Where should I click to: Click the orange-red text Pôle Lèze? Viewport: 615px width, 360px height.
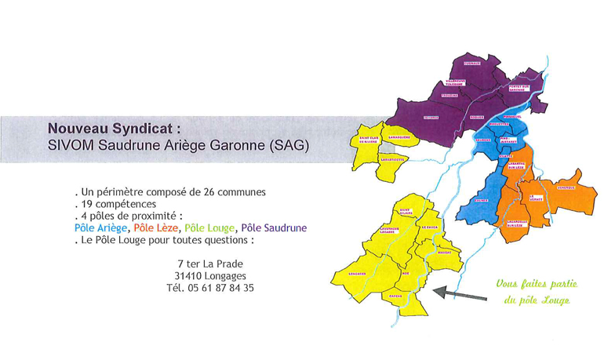click(x=156, y=227)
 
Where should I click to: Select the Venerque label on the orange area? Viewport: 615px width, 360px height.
click(x=565, y=187)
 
